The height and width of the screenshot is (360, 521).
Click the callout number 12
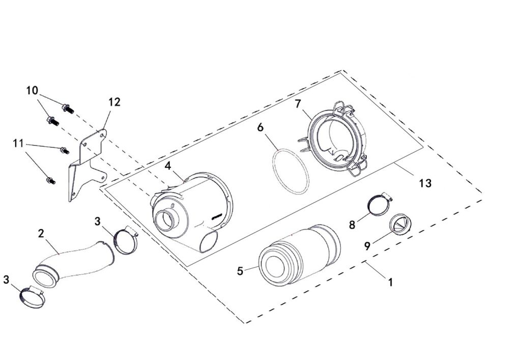coord(114,102)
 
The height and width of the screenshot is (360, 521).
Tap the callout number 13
coord(425,183)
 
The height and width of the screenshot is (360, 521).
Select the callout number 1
coord(390,282)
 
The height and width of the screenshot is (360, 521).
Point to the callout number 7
coord(299,103)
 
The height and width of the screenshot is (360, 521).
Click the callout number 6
coord(260,127)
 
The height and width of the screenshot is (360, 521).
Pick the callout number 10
coord(32,91)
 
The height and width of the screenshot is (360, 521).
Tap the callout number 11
coord(19,144)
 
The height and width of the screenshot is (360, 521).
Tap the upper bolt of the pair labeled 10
coord(67,108)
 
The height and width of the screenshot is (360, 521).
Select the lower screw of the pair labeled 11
coord(50,180)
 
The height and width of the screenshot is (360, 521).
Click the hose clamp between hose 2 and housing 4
coord(125,240)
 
